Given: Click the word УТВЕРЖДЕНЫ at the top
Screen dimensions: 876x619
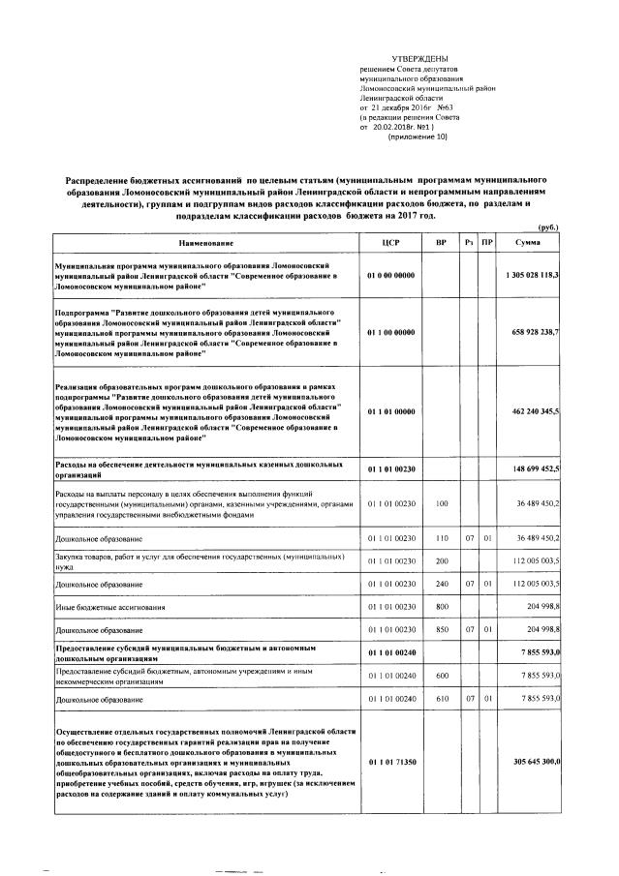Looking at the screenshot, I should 419,60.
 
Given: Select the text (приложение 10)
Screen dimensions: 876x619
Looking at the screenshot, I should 418,137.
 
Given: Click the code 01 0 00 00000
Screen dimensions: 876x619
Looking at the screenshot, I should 391,275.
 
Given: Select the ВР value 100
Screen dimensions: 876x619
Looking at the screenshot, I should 442,503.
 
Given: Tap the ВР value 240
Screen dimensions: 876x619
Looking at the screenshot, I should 442,585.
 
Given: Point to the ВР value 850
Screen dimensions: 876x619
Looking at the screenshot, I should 442,631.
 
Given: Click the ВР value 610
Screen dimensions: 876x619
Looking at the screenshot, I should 442,698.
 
